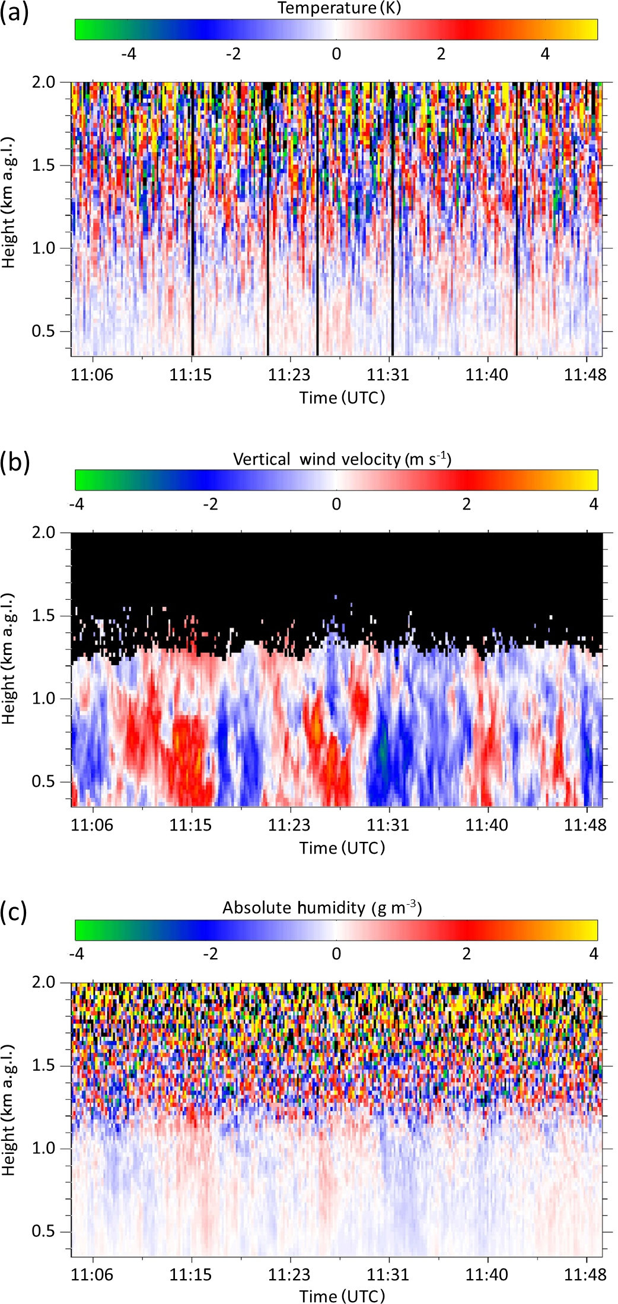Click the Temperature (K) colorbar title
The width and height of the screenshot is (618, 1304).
[339, 8]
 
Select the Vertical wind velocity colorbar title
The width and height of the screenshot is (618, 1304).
[342, 459]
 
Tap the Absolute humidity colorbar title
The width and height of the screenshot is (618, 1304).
[322, 908]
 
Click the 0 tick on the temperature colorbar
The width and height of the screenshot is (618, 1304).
[336, 54]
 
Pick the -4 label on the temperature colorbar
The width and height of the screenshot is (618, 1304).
[128, 54]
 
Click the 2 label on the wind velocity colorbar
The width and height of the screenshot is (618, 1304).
[466, 504]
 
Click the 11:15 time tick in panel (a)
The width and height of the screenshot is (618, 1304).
[190, 375]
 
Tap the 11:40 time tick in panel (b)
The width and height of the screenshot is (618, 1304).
[487, 825]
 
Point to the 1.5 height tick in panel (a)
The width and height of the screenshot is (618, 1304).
[43, 166]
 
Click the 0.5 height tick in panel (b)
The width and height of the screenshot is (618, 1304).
[43, 782]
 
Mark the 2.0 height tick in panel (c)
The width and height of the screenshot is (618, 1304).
[43, 983]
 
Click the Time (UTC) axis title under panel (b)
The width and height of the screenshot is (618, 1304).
[342, 848]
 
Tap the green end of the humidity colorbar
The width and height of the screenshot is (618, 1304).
[83, 930]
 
